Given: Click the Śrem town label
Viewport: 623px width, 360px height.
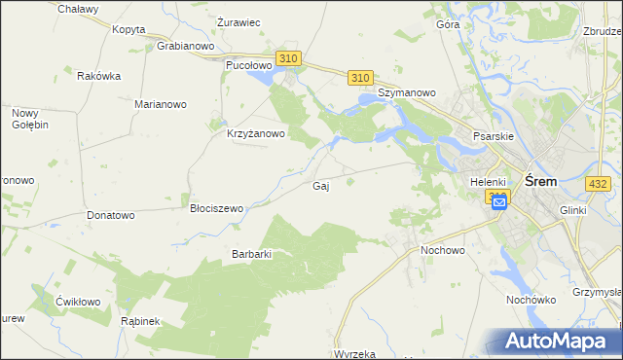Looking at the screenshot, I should (x=540, y=181).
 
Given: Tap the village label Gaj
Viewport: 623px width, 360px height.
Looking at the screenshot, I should (x=319, y=186).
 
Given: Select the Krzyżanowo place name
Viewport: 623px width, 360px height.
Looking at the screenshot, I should (x=255, y=134).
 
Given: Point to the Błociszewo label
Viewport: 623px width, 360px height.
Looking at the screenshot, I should (x=216, y=208).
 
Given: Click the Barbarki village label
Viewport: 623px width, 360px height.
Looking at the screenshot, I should (x=250, y=254).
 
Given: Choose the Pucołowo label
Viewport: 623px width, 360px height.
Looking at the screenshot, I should (x=247, y=65).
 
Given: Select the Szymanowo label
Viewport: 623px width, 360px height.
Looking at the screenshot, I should (x=406, y=92).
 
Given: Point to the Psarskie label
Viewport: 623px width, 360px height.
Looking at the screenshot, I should (x=493, y=137).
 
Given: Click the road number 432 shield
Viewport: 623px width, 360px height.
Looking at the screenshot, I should (x=598, y=183).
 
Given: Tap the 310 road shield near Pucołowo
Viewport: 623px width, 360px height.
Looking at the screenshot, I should (x=288, y=59).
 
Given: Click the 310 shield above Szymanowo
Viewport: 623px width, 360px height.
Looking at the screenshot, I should (x=360, y=77).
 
